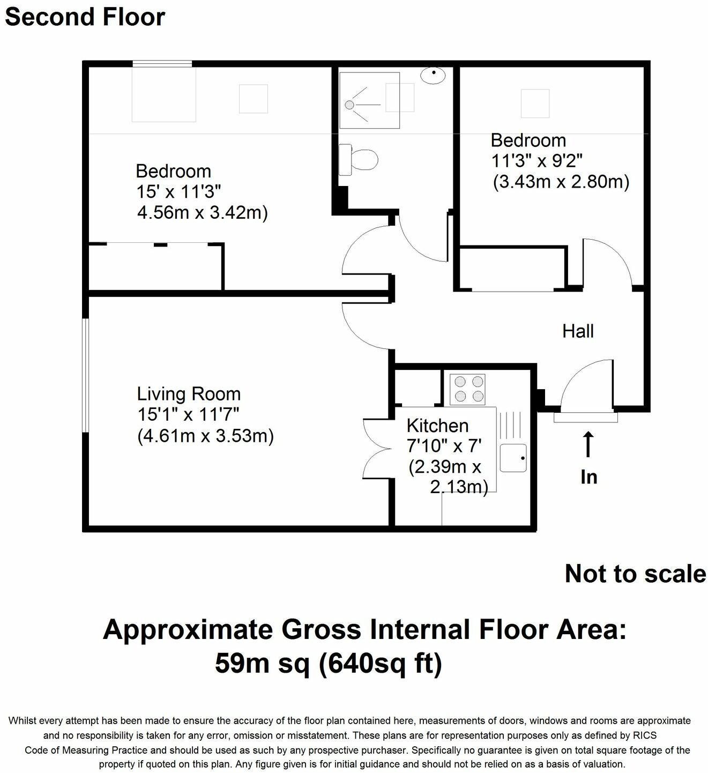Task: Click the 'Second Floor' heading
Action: pyautogui.click(x=85, y=17)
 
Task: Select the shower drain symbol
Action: pyautogui.click(x=349, y=104)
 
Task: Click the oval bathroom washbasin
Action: pyautogui.click(x=433, y=76)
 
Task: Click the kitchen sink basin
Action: pyautogui.click(x=512, y=458)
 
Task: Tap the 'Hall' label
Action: pyautogui.click(x=578, y=331)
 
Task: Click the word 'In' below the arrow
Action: pyautogui.click(x=588, y=477)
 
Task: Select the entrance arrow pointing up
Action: pyautogui.click(x=588, y=445)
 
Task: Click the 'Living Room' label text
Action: pyautogui.click(x=189, y=394)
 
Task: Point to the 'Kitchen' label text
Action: pyautogui.click(x=437, y=426)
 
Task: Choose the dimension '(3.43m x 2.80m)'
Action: pyautogui.click(x=561, y=182)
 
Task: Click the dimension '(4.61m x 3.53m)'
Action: pyautogui.click(x=205, y=436)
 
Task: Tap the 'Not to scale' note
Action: pyautogui.click(x=635, y=574)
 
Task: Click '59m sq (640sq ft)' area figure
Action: pyautogui.click(x=329, y=664)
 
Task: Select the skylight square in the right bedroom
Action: pyautogui.click(x=535, y=103)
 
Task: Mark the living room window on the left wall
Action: pyautogui.click(x=85, y=375)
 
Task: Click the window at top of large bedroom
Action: pyautogui.click(x=162, y=64)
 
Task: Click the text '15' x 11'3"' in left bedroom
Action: pyautogui.click(x=178, y=192)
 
